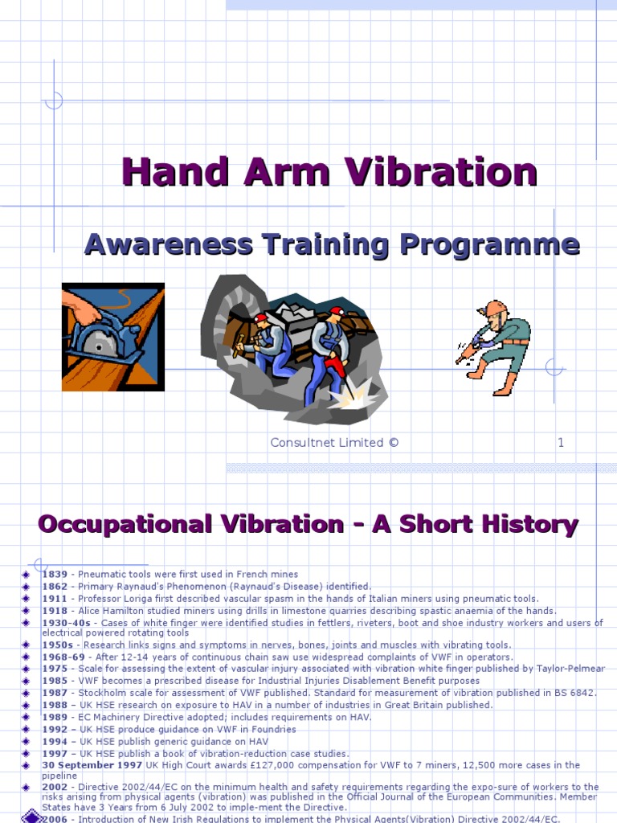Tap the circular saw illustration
(113, 337)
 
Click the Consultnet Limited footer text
(334, 442)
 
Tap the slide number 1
(561, 442)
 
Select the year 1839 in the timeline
(55, 575)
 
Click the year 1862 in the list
(55, 587)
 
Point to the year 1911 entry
(55, 599)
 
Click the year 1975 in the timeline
(55, 669)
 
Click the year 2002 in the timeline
(55, 787)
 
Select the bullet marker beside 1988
(26, 706)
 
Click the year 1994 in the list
(55, 742)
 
